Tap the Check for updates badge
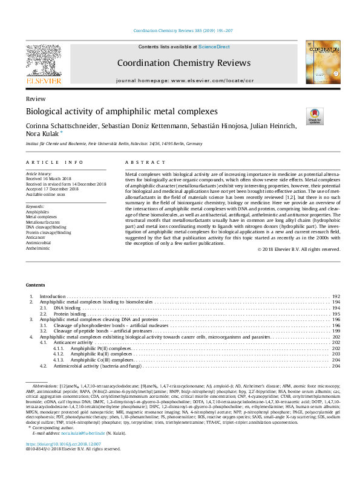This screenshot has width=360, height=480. (315, 116)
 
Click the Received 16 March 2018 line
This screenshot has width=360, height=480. (53, 179)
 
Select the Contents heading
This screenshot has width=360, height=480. (36, 284)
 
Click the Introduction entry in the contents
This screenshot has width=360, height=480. (53, 297)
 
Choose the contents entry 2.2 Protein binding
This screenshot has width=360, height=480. (70, 314)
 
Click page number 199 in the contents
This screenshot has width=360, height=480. (336, 331)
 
